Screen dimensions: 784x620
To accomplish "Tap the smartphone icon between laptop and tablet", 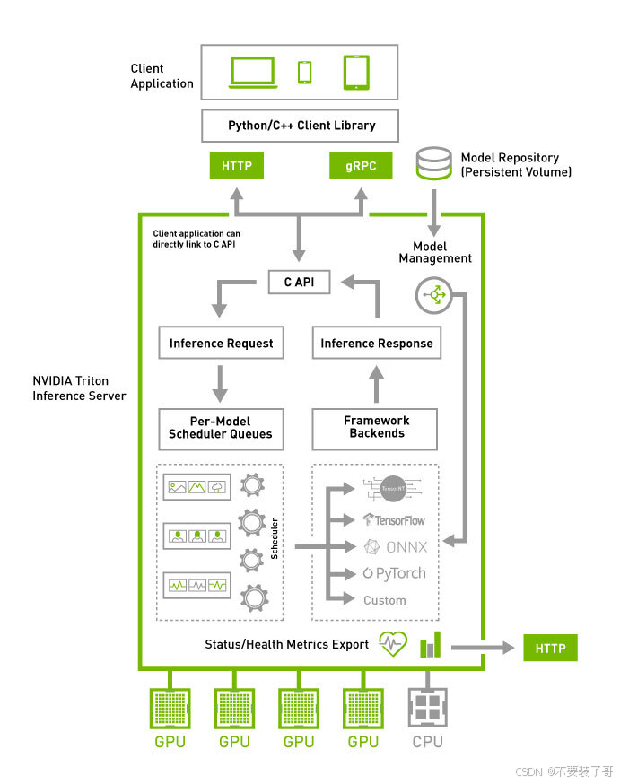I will (305, 72).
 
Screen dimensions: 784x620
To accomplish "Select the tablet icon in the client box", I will (356, 73).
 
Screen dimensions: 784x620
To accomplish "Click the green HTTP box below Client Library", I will (237, 166).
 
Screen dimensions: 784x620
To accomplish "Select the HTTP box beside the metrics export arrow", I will (550, 648).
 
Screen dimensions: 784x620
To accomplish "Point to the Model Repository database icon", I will (433, 164).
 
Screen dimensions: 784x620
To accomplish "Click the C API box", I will (300, 283).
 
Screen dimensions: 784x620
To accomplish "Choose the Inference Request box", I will (221, 343).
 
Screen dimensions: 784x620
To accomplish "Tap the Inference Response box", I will (377, 343).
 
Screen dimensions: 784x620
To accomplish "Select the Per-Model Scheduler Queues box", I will (221, 428).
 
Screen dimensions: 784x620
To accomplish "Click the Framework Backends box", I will (377, 428).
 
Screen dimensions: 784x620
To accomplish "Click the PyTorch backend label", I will (395, 573).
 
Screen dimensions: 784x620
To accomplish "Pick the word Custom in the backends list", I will (384, 600).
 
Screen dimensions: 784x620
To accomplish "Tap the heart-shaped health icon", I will (393, 644).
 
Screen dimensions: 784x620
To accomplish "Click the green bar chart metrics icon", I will (432, 643).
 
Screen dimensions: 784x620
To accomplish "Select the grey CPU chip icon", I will (427, 708).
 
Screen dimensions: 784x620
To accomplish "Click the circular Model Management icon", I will (433, 294).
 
